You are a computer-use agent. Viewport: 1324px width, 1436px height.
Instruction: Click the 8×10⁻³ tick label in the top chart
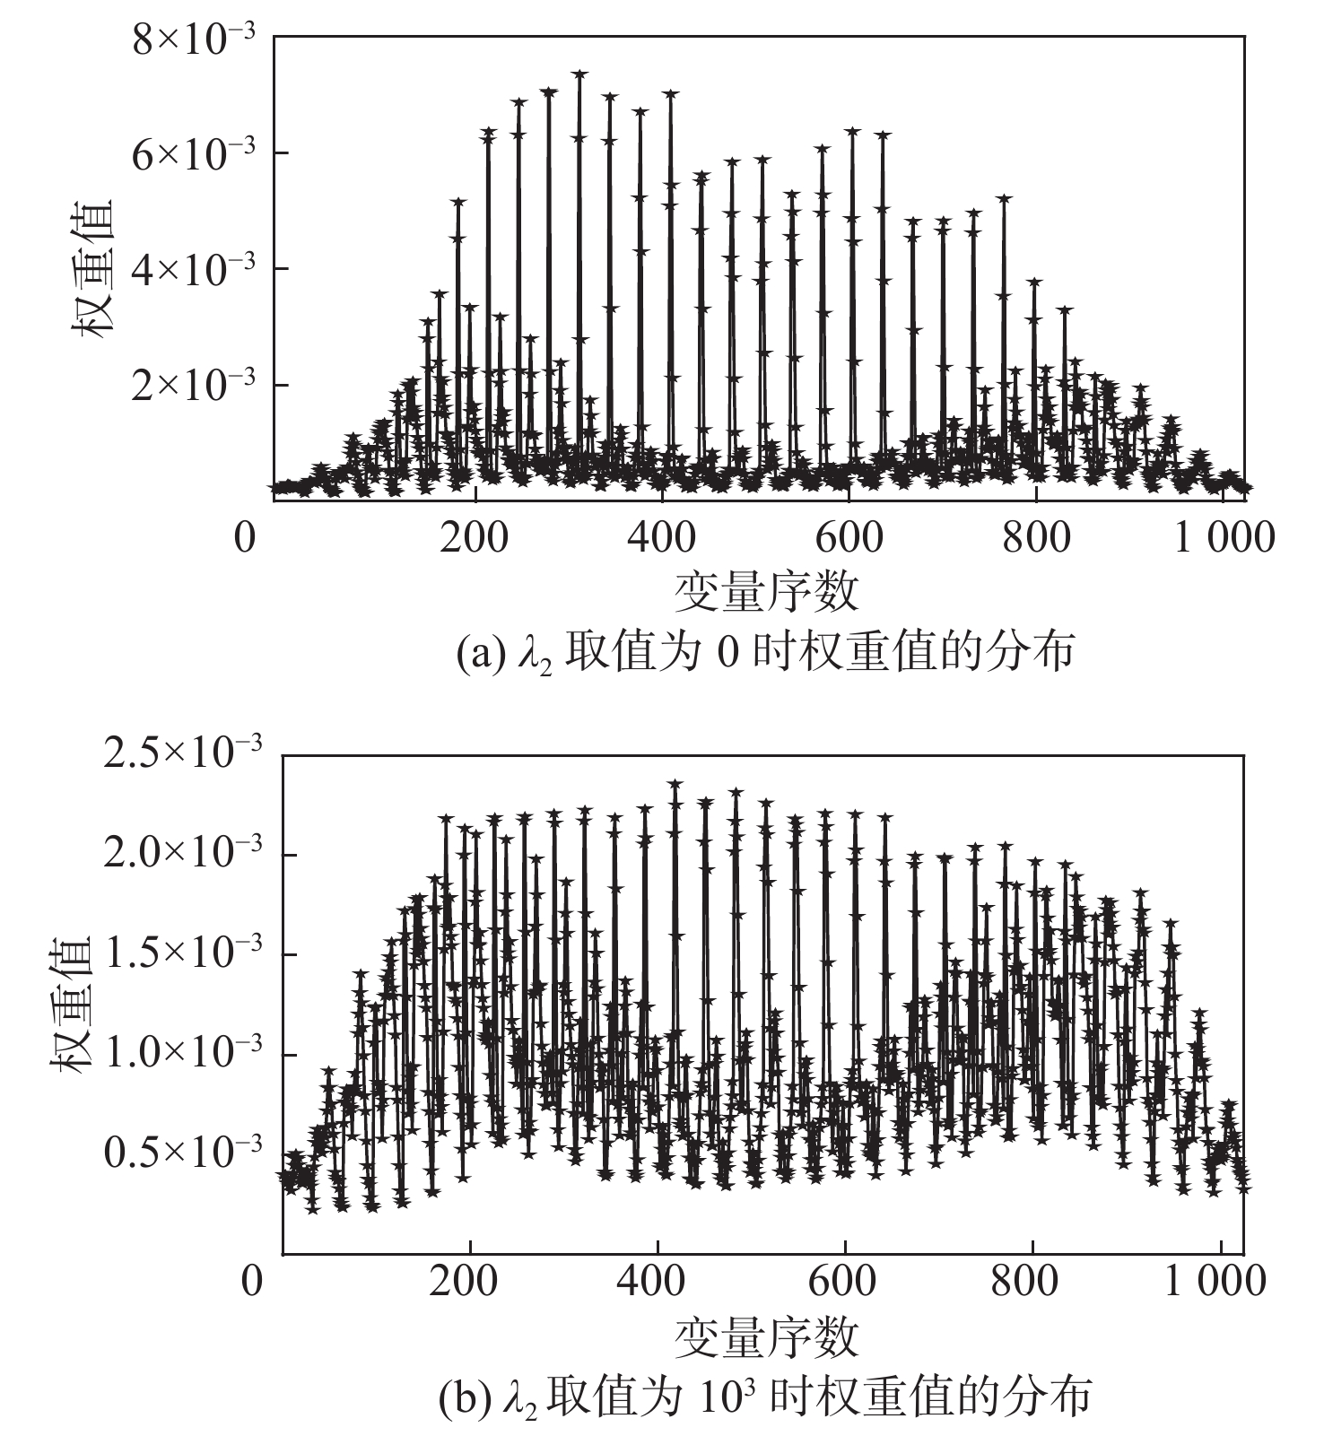point(194,41)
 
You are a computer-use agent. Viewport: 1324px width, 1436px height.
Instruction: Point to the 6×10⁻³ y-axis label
point(194,154)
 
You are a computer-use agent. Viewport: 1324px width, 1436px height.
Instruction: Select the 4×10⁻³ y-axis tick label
point(194,269)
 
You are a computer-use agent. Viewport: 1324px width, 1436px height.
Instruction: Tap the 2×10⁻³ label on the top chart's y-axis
point(194,386)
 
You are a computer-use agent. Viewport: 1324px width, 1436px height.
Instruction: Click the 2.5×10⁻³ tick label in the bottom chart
point(183,754)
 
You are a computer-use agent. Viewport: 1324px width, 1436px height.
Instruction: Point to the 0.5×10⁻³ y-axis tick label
point(183,1153)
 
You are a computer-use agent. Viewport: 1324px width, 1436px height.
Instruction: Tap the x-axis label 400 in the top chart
point(661,538)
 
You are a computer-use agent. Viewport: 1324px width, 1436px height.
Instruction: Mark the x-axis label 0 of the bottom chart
point(252,1281)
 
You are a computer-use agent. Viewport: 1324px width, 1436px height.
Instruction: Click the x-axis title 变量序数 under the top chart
point(766,592)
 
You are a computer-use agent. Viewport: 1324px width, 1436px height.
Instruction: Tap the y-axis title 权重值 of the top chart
point(92,268)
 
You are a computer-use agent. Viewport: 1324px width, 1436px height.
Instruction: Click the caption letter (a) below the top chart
point(475,653)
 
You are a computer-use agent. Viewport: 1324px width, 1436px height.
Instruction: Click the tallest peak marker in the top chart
point(579,74)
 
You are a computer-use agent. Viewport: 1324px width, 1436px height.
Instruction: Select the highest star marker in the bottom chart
point(675,784)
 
